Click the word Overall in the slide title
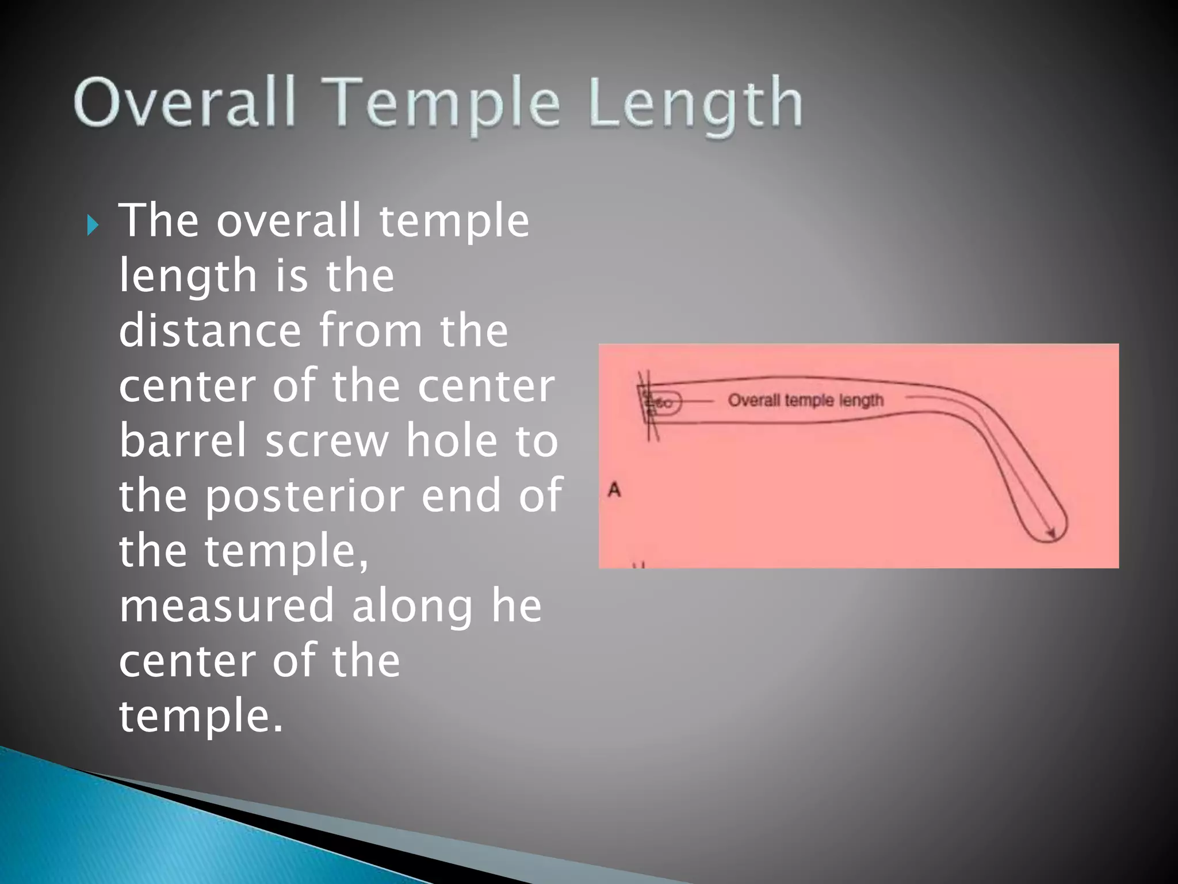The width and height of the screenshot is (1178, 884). coord(185,104)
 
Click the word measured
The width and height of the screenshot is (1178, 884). coord(226,605)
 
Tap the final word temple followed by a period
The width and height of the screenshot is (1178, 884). coord(201,717)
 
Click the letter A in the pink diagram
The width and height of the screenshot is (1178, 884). coord(614,490)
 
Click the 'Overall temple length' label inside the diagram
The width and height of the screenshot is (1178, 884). coord(805,400)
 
